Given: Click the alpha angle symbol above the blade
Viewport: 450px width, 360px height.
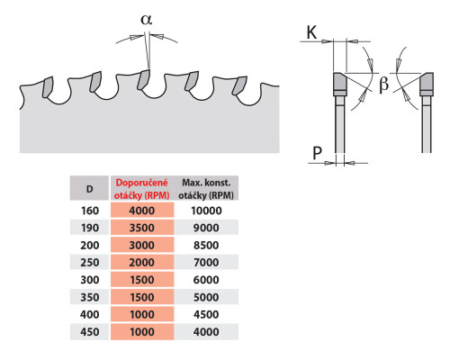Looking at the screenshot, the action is [x=147, y=20].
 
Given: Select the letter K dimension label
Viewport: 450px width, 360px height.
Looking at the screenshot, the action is [x=311, y=32].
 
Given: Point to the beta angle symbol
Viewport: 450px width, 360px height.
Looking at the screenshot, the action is [x=383, y=84].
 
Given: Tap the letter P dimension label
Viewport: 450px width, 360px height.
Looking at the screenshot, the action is [x=317, y=153].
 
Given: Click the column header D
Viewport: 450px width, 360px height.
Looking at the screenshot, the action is [x=89, y=189].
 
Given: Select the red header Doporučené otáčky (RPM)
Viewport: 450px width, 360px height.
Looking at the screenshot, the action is [x=142, y=189].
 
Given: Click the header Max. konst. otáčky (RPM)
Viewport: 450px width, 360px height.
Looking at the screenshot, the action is [x=206, y=189].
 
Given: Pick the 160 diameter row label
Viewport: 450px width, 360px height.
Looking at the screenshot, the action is [x=90, y=211].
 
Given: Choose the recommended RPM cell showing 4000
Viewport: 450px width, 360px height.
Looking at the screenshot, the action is [x=142, y=211].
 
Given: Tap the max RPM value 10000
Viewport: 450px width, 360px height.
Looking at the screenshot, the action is [x=206, y=211].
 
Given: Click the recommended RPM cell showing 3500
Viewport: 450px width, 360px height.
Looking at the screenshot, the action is [x=142, y=228].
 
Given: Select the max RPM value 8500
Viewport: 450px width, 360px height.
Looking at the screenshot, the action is [x=206, y=245].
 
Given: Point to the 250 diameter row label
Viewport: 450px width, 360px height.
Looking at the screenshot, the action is [x=90, y=263].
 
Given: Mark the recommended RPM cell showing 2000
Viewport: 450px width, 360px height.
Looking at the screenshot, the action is [x=142, y=263].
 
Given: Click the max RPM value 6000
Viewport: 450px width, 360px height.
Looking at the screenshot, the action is [x=206, y=280].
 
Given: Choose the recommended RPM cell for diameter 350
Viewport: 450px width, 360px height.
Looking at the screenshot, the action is [x=142, y=297].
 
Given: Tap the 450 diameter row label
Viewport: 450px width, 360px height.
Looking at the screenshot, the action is [x=90, y=332].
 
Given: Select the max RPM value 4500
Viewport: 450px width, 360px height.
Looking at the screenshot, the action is [x=206, y=314].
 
